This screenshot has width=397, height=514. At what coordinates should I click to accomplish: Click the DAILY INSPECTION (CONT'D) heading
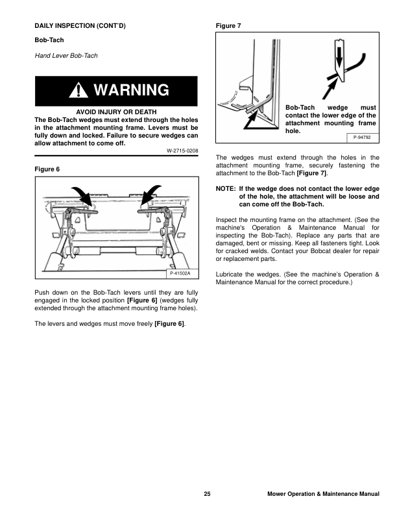[79, 26]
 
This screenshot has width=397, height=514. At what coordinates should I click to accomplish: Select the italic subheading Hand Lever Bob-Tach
[66, 56]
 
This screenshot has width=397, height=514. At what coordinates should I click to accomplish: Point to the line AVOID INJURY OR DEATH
[116, 112]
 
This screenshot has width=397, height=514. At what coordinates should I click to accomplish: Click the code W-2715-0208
[182, 151]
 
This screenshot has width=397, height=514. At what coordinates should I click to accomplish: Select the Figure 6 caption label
[47, 169]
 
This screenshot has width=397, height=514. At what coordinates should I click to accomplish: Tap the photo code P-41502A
[181, 274]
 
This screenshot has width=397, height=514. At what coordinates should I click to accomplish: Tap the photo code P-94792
[362, 138]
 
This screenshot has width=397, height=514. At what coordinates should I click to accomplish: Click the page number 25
[206, 495]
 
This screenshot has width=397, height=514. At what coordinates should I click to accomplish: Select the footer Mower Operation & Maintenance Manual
[323, 495]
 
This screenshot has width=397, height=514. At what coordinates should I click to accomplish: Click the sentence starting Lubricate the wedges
[297, 278]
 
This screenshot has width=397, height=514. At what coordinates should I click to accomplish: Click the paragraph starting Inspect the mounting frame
[297, 241]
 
